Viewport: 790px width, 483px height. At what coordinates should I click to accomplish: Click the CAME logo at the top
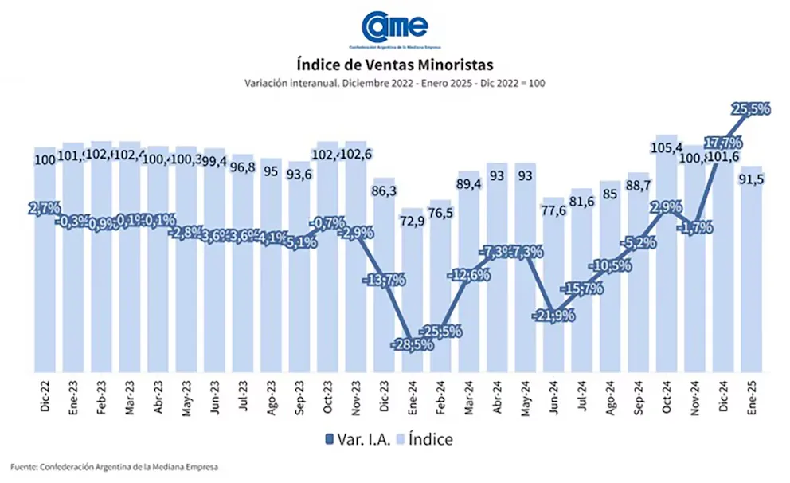pyautogui.click(x=396, y=26)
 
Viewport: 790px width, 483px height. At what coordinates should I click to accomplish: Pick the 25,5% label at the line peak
pyautogui.click(x=751, y=109)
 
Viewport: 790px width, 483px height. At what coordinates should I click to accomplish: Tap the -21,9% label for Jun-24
pyautogui.click(x=553, y=316)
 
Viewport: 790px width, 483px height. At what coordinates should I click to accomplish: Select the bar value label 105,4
pyautogui.click(x=667, y=147)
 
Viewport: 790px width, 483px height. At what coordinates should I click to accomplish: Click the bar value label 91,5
pyautogui.click(x=752, y=179)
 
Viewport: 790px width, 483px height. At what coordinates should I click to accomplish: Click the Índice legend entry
pyautogui.click(x=425, y=438)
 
